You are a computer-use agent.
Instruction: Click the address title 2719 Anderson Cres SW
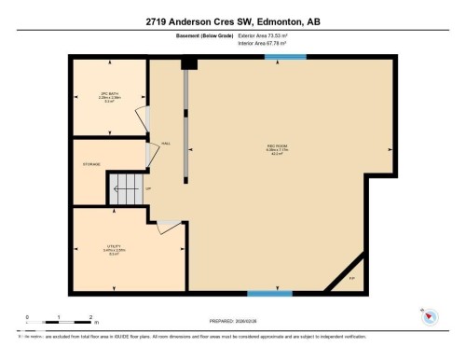[232, 21]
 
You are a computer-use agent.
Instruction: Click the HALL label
[166, 143]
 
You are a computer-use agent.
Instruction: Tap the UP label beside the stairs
[146, 189]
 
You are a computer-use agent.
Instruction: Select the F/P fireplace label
[351, 278]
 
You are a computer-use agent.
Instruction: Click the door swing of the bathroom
[142, 118]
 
